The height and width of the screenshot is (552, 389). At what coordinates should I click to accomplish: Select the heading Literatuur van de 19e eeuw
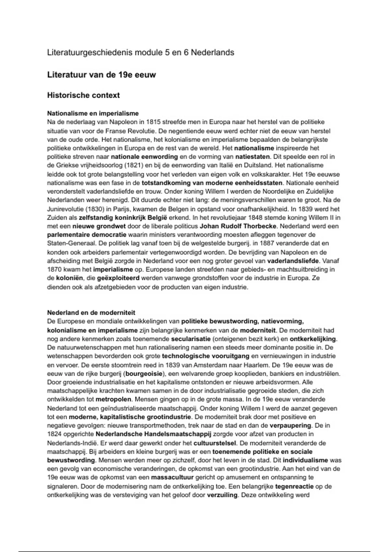(101, 75)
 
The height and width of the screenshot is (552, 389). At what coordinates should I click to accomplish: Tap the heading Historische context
(83, 95)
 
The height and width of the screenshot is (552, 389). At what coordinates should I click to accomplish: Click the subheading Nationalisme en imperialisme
(93, 113)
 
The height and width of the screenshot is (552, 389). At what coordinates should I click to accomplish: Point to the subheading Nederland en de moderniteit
(91, 313)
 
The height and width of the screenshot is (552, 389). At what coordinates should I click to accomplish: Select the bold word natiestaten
(252, 157)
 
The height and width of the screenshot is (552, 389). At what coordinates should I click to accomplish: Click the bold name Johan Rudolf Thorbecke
(238, 226)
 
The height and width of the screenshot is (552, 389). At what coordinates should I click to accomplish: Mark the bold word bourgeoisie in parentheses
(144, 374)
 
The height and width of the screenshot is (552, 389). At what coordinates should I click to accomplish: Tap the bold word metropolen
(113, 399)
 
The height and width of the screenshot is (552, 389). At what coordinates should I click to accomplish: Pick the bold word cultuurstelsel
(215, 443)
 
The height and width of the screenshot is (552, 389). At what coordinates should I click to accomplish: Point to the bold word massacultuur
(172, 478)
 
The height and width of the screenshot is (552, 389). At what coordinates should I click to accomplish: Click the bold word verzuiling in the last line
(222, 495)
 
